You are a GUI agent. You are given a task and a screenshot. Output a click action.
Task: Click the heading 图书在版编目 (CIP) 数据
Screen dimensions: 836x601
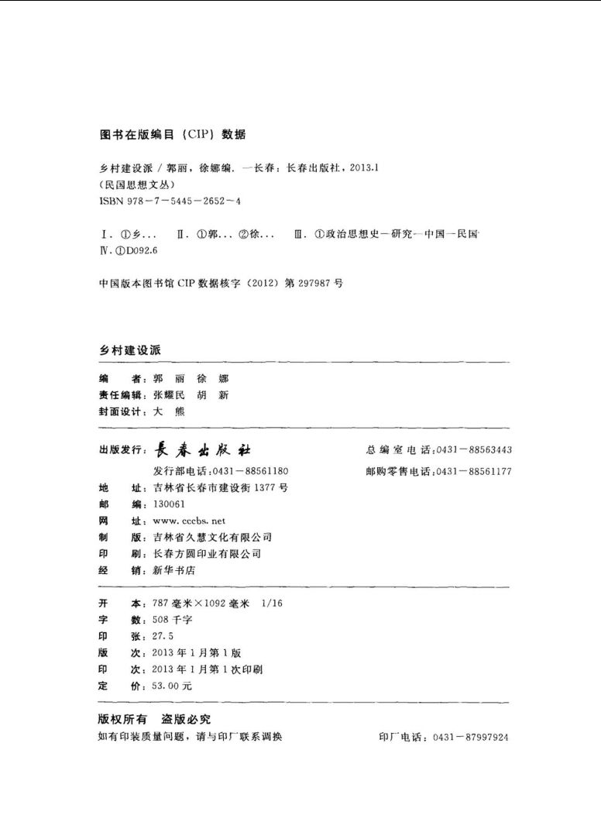(x=173, y=134)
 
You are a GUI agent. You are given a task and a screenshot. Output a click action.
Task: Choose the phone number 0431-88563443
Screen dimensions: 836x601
(x=473, y=450)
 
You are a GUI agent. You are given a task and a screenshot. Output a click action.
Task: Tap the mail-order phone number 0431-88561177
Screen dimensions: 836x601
(x=473, y=471)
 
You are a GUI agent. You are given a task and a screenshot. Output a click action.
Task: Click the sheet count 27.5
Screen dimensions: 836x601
(x=162, y=636)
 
